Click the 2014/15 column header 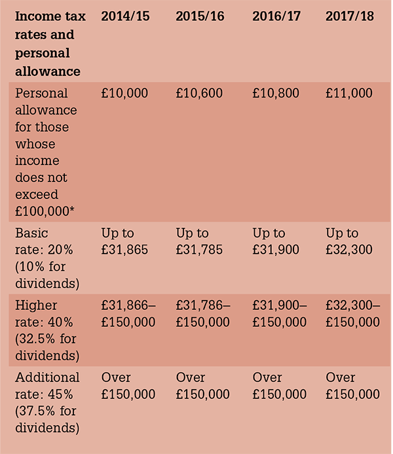tap(125, 16)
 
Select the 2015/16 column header tap(200, 16)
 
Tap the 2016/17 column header tap(276, 16)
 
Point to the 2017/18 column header tap(350, 16)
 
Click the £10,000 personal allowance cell tap(124, 94)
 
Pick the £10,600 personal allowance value tap(199, 94)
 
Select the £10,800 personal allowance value tap(276, 94)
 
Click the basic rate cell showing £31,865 tap(124, 242)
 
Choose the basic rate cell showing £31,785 tap(199, 242)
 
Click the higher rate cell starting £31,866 tap(128, 314)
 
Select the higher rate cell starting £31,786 tap(203, 314)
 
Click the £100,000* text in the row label tap(45, 212)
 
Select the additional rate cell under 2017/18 tap(352, 386)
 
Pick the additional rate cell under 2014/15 tap(128, 386)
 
